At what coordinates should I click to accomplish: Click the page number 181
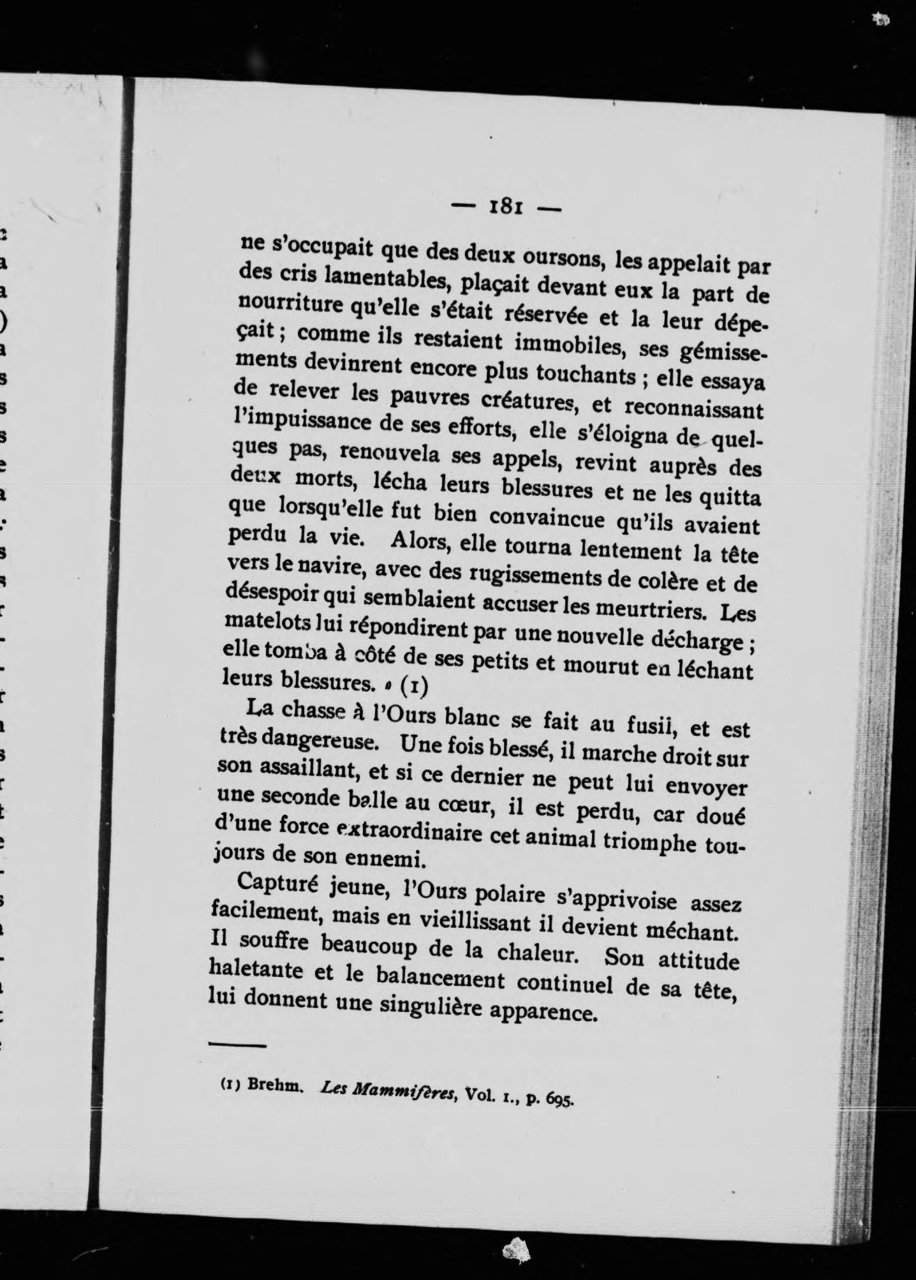tap(506, 208)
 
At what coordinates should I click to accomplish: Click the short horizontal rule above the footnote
tap(237, 1044)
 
